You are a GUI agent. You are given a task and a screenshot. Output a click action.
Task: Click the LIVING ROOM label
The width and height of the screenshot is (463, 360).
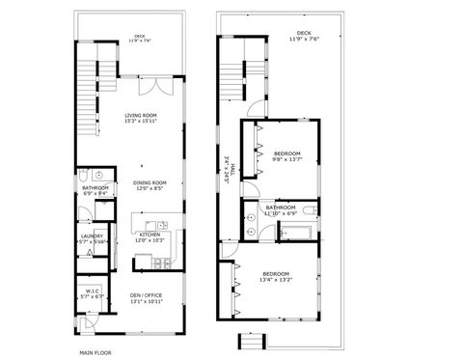pos(141,115)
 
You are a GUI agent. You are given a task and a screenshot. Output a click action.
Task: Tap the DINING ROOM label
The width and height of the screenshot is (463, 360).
pos(150,182)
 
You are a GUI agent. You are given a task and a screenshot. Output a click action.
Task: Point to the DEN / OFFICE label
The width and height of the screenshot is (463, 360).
pos(147,295)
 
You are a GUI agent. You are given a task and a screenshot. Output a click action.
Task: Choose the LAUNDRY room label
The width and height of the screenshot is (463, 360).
pos(93,235)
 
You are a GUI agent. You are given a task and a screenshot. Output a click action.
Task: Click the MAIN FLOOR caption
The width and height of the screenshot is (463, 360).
pos(95,352)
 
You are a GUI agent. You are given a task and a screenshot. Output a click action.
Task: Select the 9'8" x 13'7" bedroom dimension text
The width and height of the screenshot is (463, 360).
pos(287,160)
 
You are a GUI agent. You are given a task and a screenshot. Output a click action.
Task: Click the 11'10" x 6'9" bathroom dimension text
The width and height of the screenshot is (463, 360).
pos(281,212)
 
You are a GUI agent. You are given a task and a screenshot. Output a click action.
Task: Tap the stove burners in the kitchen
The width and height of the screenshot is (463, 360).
pos(163,263)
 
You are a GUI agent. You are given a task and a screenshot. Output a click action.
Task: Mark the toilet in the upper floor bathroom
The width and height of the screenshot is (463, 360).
pos(310,208)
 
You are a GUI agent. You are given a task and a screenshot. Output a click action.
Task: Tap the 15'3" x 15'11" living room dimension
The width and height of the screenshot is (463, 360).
pos(141,121)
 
